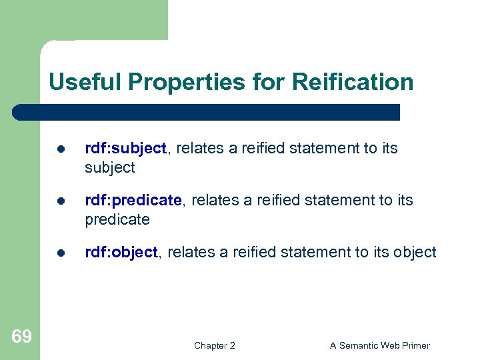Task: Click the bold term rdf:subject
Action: point(125,149)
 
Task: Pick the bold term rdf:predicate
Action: point(133,201)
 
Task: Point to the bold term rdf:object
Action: point(121,253)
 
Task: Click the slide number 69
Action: point(21,337)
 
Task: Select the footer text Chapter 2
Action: point(215,345)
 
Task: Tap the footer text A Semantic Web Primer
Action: point(380,345)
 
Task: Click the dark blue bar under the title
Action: point(207,112)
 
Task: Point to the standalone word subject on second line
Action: point(110,168)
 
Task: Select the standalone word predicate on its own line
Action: point(117,220)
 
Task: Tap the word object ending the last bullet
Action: point(415,253)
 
